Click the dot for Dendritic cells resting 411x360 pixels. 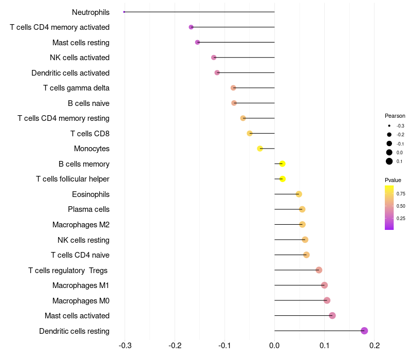(364, 331)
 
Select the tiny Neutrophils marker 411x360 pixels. (124, 12)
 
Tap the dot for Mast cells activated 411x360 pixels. (332, 315)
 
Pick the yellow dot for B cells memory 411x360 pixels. (282, 164)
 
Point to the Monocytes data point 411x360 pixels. (260, 149)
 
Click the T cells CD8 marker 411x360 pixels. (250, 133)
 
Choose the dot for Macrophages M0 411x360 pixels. (327, 300)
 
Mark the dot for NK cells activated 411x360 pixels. (214, 57)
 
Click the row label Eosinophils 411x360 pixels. (90, 194)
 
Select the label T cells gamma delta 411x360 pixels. (76, 88)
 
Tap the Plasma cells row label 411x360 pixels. (88, 209)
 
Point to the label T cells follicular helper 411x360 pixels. (72, 179)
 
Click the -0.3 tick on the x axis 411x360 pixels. (125, 345)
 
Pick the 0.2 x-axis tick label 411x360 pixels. (375, 345)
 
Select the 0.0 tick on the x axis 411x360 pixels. (274, 345)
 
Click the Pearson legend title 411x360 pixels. (395, 116)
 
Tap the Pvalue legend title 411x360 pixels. (393, 180)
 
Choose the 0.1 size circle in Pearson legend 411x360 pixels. (389, 161)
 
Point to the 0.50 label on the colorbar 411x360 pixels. (401, 206)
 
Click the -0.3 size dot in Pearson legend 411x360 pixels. (389, 125)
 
